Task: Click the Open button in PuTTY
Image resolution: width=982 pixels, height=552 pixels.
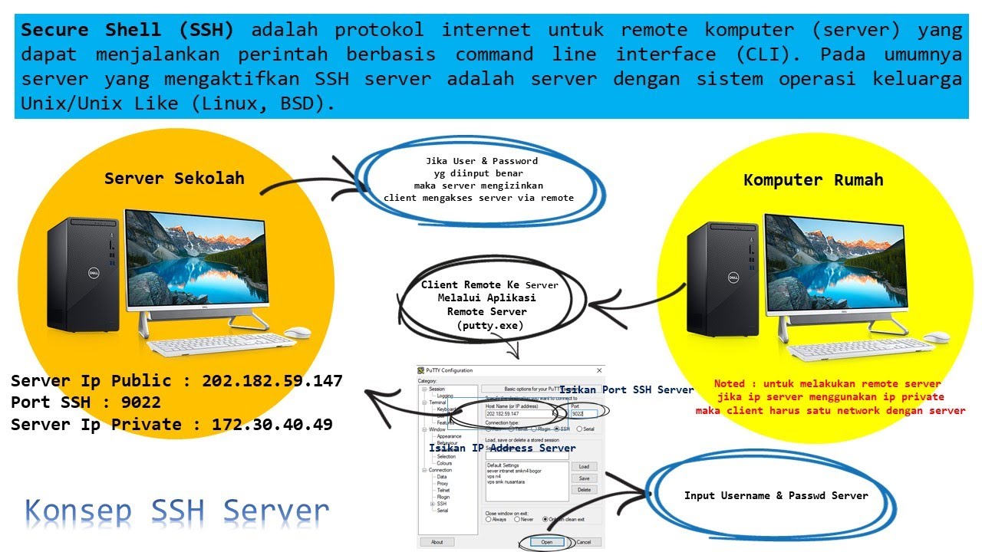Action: coord(547,542)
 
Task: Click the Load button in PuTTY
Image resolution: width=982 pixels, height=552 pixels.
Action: coord(584,466)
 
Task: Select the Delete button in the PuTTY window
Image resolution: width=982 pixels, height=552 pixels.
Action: coord(584,489)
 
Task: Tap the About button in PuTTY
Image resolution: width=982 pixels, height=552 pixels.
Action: coord(437,542)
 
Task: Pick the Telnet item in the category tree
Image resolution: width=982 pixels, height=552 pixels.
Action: coord(443,490)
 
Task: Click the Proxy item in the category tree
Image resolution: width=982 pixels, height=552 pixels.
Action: coord(443,483)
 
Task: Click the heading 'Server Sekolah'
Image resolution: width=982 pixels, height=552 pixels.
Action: coord(174,179)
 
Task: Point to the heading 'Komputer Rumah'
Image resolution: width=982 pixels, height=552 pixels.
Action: coord(813,180)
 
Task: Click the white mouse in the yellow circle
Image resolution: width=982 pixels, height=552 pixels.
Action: coord(935,337)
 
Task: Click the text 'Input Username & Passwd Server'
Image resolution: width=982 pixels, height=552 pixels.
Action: coord(776,496)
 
